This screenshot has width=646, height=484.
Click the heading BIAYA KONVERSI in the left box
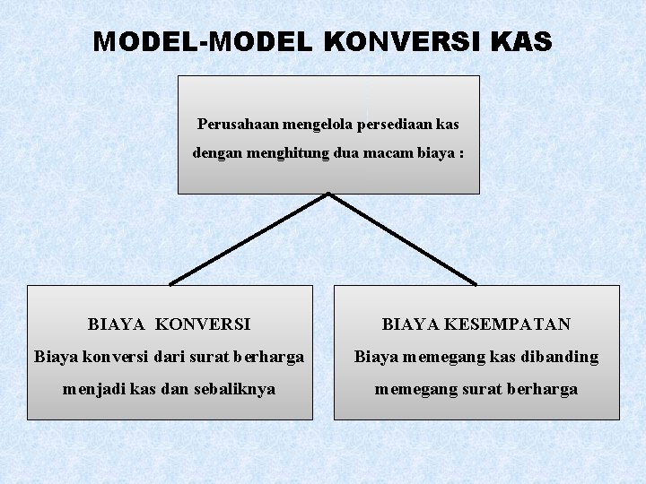[x=170, y=324]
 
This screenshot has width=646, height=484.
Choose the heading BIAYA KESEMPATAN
[x=476, y=324]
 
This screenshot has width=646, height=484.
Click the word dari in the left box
[x=161, y=357]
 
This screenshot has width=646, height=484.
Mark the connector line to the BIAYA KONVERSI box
[x=249, y=238]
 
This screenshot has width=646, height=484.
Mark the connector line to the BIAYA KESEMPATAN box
[x=403, y=238]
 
